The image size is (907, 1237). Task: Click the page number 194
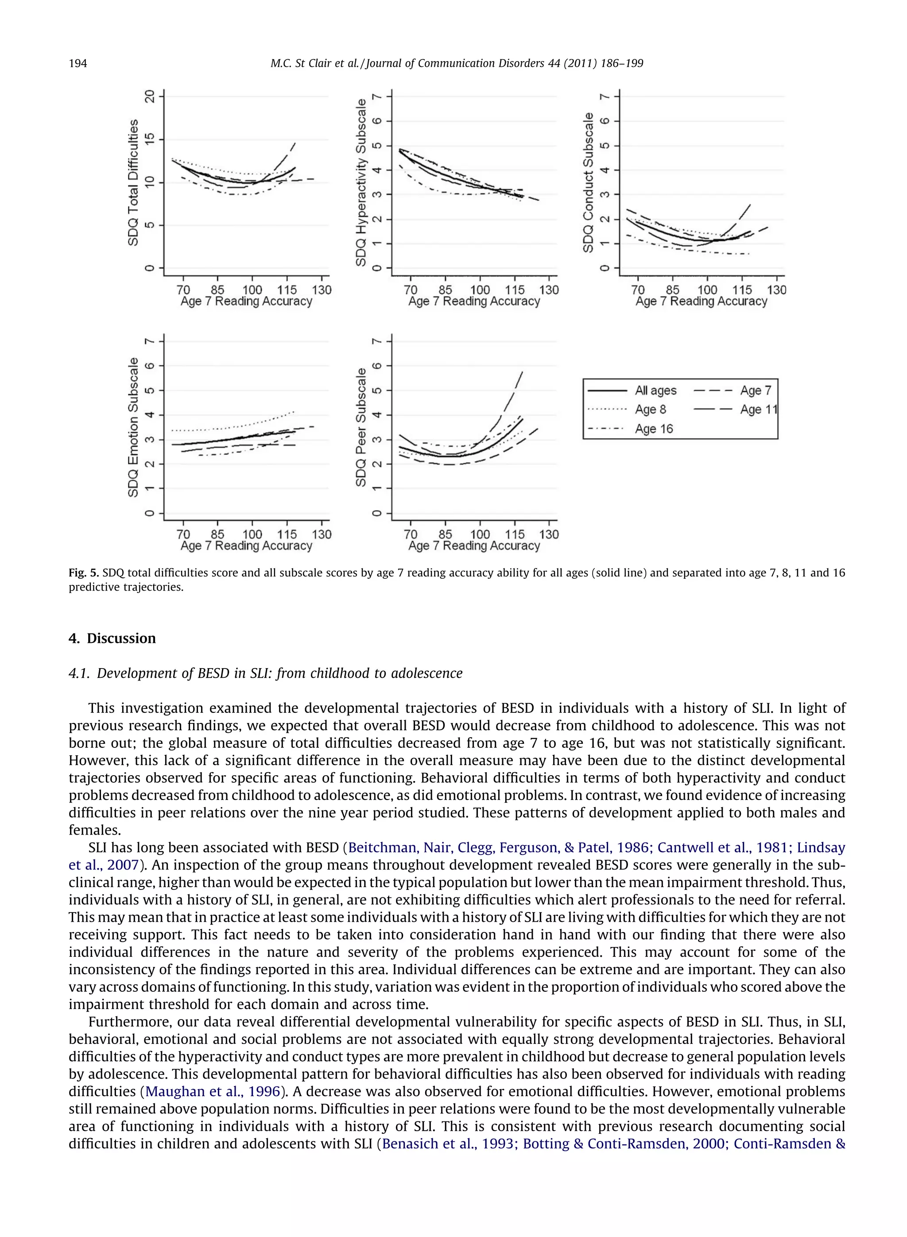pyautogui.click(x=78, y=64)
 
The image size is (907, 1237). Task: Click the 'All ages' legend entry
pyautogui.click(x=655, y=391)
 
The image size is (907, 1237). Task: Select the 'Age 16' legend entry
pyautogui.click(x=653, y=429)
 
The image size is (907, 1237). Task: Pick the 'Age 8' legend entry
pyautogui.click(x=650, y=410)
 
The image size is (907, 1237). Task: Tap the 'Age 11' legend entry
pyautogui.click(x=758, y=410)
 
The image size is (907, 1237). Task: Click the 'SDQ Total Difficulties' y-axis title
pyautogui.click(x=133, y=182)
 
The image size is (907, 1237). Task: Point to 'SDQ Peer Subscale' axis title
pyautogui.click(x=360, y=427)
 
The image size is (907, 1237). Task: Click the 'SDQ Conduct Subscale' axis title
pyautogui.click(x=589, y=182)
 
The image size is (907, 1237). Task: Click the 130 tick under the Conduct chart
pyautogui.click(x=776, y=290)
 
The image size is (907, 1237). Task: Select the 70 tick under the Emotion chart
pyautogui.click(x=183, y=534)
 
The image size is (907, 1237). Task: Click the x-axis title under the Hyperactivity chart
pyautogui.click(x=474, y=302)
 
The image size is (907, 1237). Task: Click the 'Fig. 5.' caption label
pyautogui.click(x=83, y=573)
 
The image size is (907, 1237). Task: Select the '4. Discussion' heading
pyautogui.click(x=112, y=638)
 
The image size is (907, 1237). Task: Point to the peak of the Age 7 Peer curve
pyautogui.click(x=522, y=371)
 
